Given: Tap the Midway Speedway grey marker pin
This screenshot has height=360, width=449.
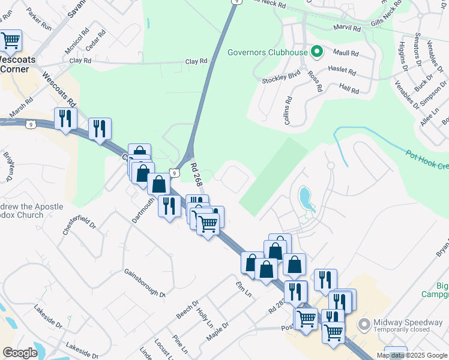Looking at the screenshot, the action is [x=363, y=324].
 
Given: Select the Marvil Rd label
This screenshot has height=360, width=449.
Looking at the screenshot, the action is [x=348, y=28].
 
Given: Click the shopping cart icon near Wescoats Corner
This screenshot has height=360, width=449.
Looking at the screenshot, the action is [x=10, y=40].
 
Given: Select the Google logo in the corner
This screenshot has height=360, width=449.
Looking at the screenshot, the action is [x=20, y=353].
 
